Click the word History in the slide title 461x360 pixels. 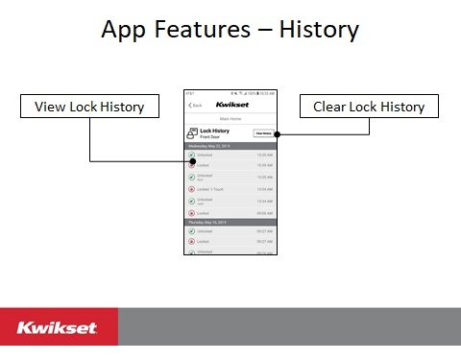click(319, 30)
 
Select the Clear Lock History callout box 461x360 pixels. click(370, 107)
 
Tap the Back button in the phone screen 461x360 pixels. click(196, 105)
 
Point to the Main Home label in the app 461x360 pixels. click(230, 118)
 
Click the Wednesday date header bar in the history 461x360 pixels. click(230, 146)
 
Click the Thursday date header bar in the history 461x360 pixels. click(230, 221)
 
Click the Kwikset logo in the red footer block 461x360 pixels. click(57, 328)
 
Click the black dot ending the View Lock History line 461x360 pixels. click(193, 160)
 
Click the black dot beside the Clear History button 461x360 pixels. click(277, 133)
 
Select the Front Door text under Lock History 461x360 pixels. click(212, 137)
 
